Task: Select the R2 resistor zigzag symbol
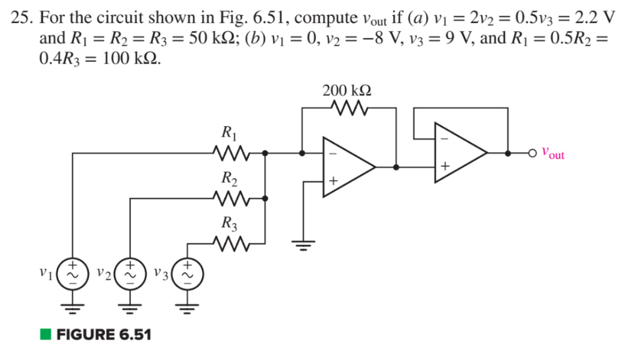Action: point(229,198)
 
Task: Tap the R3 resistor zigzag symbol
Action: point(229,243)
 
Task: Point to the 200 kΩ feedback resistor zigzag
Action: point(350,107)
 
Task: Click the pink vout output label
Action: point(552,152)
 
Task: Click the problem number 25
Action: point(21,17)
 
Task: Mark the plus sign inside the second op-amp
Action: point(445,166)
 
